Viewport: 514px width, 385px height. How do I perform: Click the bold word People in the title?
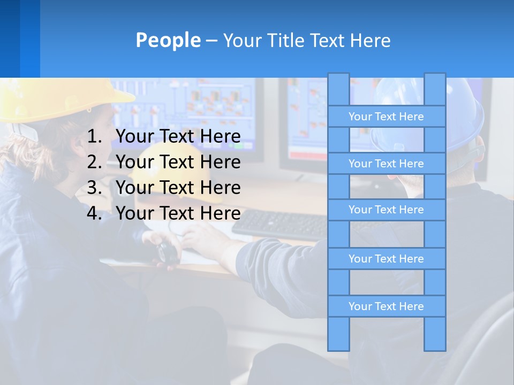[168, 40]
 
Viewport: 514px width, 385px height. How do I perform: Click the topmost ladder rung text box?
[386, 117]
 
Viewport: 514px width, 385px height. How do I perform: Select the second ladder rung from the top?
[386, 164]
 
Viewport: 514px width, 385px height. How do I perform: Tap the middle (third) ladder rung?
[386, 210]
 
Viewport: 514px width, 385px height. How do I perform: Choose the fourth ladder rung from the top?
[386, 259]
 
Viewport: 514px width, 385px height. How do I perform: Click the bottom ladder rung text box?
[386, 306]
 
